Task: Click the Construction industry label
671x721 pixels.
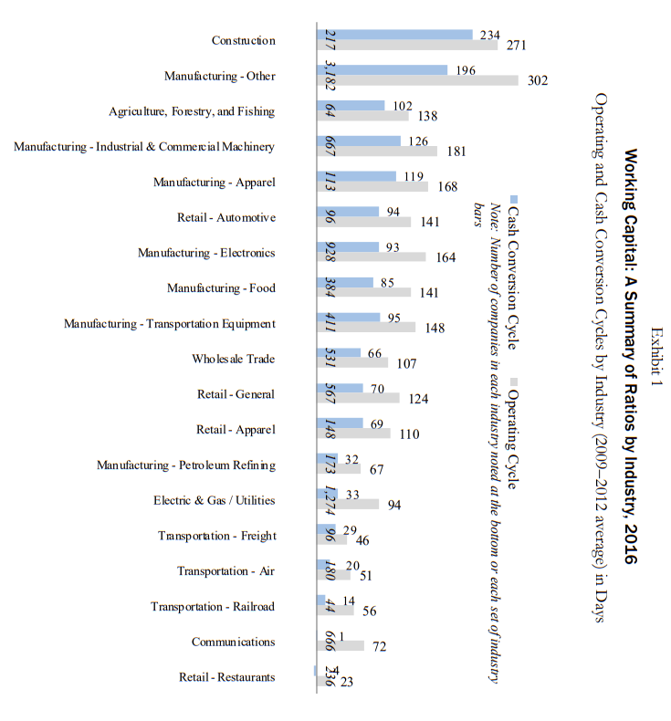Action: point(243,40)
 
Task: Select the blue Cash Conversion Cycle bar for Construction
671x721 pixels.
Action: point(394,34)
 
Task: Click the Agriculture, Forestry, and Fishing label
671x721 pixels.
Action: point(192,111)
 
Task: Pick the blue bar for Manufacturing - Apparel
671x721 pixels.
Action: point(356,175)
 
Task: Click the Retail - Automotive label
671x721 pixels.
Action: point(225,217)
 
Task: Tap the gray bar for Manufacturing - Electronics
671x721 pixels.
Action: point(371,257)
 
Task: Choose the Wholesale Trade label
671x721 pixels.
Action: point(233,359)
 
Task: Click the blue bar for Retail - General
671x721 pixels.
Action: point(340,388)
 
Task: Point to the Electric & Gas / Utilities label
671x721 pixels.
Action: point(214,500)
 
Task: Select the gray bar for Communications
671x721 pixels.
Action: point(341,646)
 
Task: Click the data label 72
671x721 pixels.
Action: point(380,647)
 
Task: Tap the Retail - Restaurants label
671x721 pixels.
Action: point(226,677)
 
